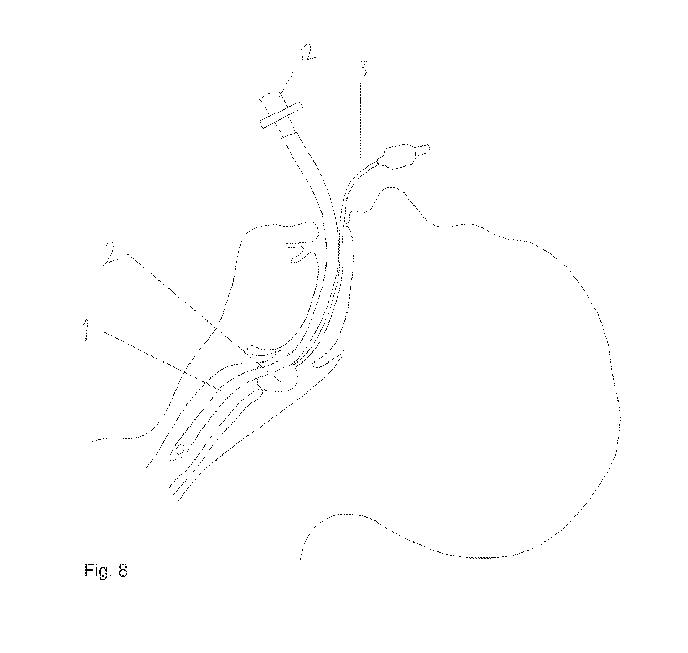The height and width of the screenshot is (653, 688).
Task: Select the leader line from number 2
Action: [204, 317]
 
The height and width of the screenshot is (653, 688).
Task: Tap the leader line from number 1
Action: [161, 361]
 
